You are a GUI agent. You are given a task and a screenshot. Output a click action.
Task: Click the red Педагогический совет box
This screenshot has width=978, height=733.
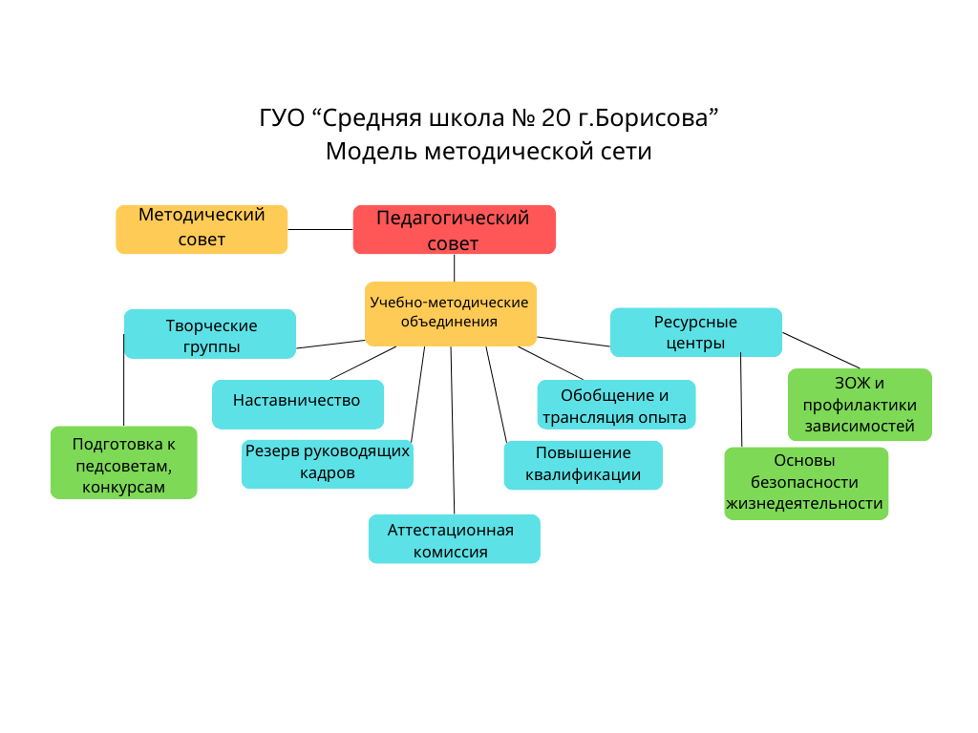pos(454,230)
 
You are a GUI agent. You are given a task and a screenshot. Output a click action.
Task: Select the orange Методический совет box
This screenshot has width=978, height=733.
pos(202,229)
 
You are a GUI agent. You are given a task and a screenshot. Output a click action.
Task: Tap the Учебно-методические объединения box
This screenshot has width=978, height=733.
pos(450,313)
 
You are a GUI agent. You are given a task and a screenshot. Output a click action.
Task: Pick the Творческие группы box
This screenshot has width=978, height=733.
pos(210,335)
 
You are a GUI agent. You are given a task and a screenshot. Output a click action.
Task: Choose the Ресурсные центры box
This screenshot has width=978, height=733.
pos(695,332)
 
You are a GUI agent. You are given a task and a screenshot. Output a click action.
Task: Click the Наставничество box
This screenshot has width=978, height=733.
pos(297,404)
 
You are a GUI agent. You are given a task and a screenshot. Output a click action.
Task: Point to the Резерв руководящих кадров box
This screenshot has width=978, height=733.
pos(327,463)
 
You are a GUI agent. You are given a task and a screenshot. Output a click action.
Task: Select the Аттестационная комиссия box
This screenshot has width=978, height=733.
pos(454,539)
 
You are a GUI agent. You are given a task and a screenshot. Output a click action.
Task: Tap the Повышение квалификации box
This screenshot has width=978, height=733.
pos(583,465)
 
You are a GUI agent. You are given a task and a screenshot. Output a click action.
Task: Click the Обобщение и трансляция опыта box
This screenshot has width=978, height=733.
pos(616,406)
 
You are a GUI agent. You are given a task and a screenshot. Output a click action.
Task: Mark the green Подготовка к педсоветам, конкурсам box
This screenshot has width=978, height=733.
pos(123,463)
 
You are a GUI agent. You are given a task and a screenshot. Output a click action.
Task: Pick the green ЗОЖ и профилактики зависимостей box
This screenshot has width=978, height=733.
pos(860,405)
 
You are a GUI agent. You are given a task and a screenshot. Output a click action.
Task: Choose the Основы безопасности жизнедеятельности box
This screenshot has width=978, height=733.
pos(805,484)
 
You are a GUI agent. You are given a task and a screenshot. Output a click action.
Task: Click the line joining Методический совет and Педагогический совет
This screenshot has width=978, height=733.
pos(320,229)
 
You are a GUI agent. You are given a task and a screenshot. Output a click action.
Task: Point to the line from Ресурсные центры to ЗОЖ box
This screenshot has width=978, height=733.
pos(821,350)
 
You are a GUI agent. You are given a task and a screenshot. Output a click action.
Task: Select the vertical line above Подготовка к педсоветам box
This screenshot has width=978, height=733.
pos(123,382)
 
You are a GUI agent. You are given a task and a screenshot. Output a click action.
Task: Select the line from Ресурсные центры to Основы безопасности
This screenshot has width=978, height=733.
pos(741,401)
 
